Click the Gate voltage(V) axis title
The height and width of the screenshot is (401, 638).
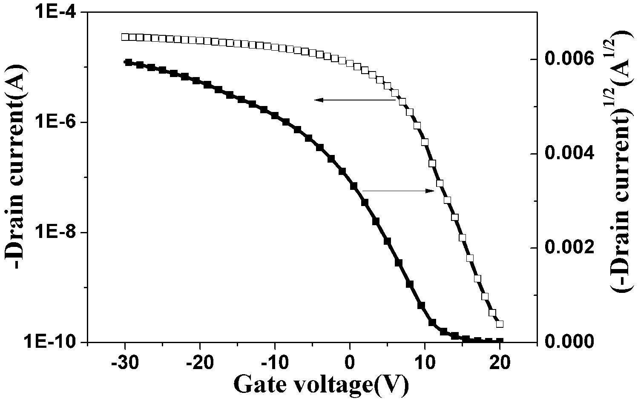tap(321, 385)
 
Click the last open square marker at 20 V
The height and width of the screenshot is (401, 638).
tap(500, 324)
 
